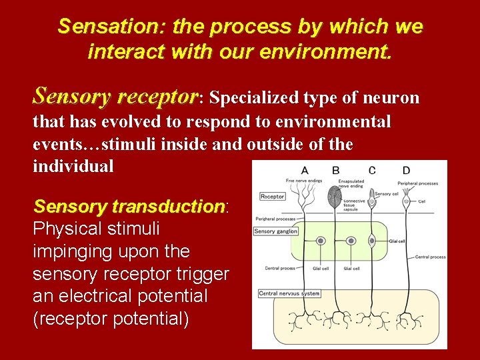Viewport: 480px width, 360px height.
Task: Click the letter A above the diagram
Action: coord(305,171)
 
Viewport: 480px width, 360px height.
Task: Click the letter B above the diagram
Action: coord(335,171)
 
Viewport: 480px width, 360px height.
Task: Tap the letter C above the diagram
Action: coord(371,171)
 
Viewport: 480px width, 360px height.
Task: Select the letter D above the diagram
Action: coord(406,171)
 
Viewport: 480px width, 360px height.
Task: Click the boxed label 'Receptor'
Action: coord(272,197)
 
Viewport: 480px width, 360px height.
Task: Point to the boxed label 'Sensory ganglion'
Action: coord(275,231)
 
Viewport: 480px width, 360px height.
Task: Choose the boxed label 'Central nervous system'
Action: coord(289,293)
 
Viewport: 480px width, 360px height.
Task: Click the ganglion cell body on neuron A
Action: coord(321,241)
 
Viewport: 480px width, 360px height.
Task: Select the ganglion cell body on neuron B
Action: coord(351,241)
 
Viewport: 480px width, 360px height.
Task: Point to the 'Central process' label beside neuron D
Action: coord(430,257)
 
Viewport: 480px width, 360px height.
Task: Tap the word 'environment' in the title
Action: coord(331,51)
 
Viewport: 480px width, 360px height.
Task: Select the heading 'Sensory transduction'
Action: coord(129,206)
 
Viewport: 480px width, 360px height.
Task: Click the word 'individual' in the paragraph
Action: coord(73,166)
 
